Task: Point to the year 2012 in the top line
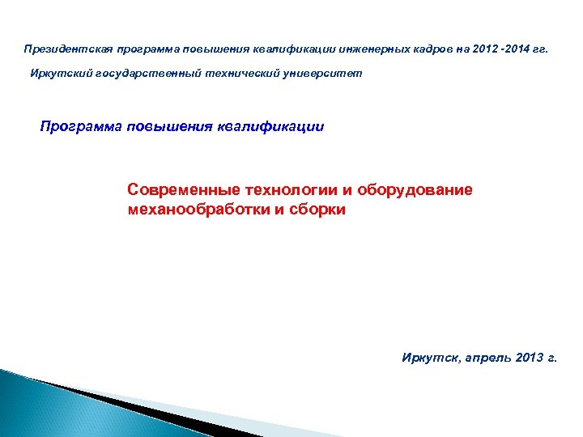[476, 49]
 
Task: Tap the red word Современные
[174, 189]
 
